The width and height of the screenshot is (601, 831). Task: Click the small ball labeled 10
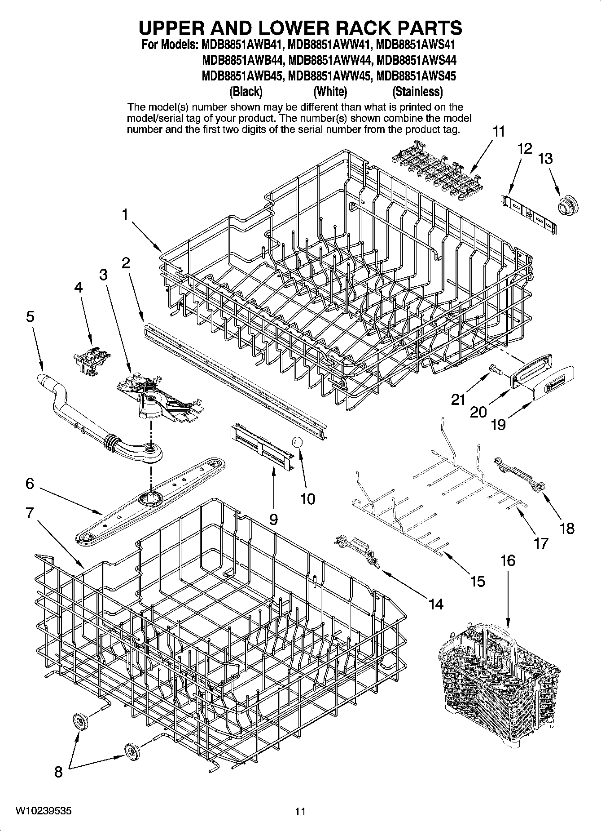tap(297, 442)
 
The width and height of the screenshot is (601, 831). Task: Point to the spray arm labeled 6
tap(151, 499)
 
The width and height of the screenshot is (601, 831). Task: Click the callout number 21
tap(458, 399)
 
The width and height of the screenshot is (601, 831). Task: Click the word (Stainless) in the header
tap(417, 92)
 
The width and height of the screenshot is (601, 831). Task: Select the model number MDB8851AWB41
tap(241, 45)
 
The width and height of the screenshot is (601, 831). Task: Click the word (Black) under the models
tap(246, 92)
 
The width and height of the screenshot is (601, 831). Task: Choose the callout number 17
tap(541, 543)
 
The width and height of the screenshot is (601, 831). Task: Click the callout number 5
tap(30, 316)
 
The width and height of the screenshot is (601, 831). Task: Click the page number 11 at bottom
tap(300, 812)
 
